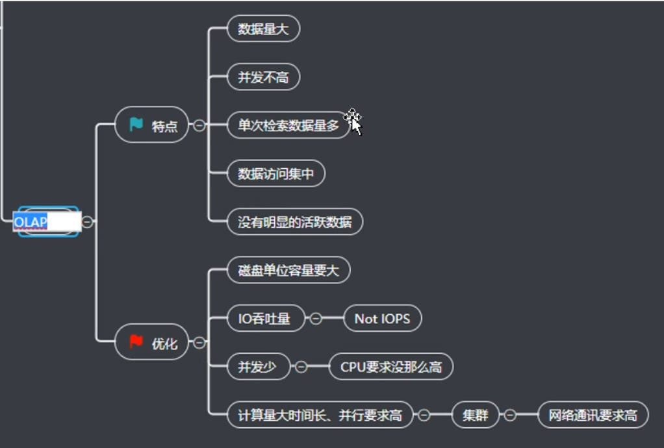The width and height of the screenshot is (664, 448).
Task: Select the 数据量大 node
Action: pyautogui.click(x=263, y=29)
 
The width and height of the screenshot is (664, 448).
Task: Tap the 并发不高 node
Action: pyautogui.click(x=263, y=78)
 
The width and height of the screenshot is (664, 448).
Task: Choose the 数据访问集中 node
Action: pyautogui.click(x=275, y=174)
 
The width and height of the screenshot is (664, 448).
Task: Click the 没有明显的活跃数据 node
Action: pyautogui.click(x=294, y=222)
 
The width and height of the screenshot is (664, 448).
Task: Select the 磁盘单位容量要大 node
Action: pyautogui.click(x=288, y=270)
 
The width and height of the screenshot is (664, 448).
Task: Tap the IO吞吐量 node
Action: pyautogui.click(x=265, y=319)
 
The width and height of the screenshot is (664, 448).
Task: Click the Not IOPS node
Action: pyautogui.click(x=382, y=319)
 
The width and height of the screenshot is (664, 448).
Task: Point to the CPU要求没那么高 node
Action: pyautogui.click(x=391, y=367)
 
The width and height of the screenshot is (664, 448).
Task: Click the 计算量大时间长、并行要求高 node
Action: pyautogui.click(x=320, y=416)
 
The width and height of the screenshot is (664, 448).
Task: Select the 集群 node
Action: pyautogui.click(x=475, y=416)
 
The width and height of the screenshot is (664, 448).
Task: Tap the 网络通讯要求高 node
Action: pyautogui.click(x=593, y=416)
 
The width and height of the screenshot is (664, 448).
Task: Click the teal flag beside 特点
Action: pyautogui.click(x=136, y=125)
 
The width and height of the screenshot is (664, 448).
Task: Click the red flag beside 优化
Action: pyautogui.click(x=136, y=342)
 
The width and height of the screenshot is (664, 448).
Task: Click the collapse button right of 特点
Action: pyautogui.click(x=199, y=125)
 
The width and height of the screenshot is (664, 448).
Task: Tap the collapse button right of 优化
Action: pyautogui.click(x=199, y=342)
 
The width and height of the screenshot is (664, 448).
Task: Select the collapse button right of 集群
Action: pyautogui.click(x=510, y=416)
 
